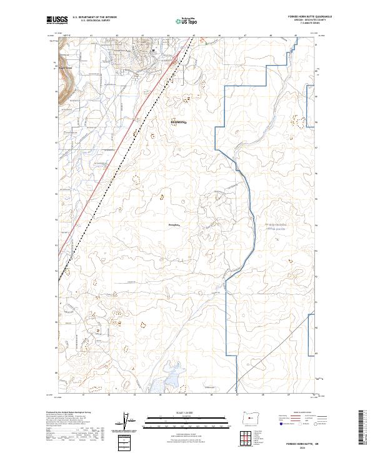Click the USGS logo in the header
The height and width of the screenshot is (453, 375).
click(57, 20)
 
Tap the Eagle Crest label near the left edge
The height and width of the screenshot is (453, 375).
click(65, 68)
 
